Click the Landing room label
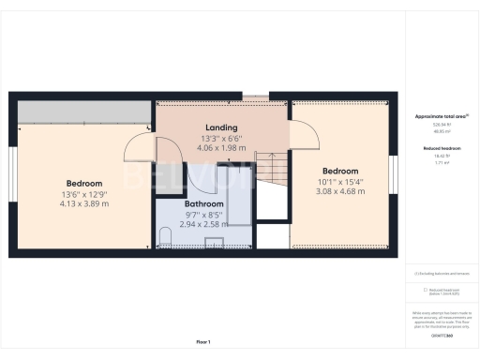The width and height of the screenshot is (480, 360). tap(221, 127)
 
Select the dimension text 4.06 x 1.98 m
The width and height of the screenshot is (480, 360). tap(221, 147)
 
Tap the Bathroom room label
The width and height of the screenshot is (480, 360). tap(203, 203)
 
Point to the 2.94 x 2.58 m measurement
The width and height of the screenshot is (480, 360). tap(203, 225)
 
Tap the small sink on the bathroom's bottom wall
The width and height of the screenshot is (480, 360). tap(213, 246)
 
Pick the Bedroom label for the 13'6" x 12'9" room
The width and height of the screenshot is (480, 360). tap(84, 183)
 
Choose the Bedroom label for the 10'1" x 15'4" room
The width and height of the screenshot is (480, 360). tap(339, 172)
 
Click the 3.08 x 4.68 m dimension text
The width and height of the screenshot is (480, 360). tap(339, 191)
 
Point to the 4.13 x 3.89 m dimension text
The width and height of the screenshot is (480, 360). tap(84, 203)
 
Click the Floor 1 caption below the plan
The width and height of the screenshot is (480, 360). tap(202, 341)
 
